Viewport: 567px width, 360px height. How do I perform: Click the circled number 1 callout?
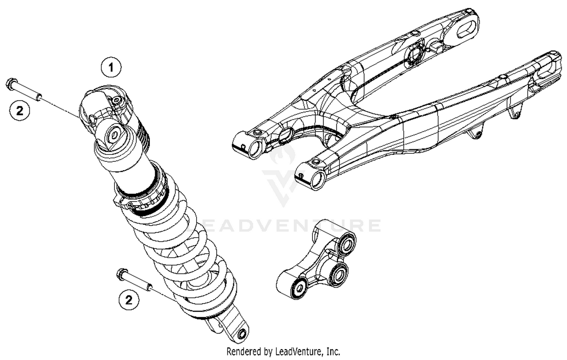[x=111, y=68]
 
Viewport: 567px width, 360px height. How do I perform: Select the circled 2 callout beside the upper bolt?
[x=19, y=111]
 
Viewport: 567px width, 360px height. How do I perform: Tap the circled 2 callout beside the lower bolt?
[x=129, y=300]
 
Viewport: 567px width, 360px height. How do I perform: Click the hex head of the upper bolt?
[x=11, y=83]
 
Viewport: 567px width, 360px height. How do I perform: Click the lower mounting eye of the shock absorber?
[x=241, y=334]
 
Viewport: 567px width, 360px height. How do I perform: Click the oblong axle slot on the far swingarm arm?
[x=466, y=29]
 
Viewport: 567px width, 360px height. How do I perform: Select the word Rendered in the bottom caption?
[x=243, y=352]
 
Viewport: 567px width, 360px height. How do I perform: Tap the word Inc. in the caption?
[x=333, y=352]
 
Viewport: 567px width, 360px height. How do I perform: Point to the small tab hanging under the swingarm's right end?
[x=515, y=111]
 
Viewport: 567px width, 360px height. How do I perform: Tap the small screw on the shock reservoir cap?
[x=116, y=100]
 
